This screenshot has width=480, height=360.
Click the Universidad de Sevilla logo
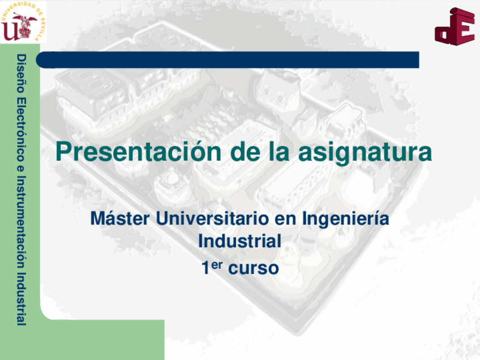(x=23, y=22)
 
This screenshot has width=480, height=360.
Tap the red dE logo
(x=455, y=27)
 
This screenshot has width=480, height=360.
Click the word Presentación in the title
(x=138, y=152)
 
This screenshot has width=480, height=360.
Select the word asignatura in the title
(x=365, y=153)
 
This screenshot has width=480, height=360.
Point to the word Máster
(x=120, y=218)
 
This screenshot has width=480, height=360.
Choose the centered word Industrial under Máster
(x=239, y=241)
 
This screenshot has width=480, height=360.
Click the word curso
(x=254, y=268)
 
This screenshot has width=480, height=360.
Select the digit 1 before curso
(x=205, y=268)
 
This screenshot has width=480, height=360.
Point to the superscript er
(x=216, y=265)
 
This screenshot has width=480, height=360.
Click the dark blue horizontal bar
(x=228, y=59)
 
